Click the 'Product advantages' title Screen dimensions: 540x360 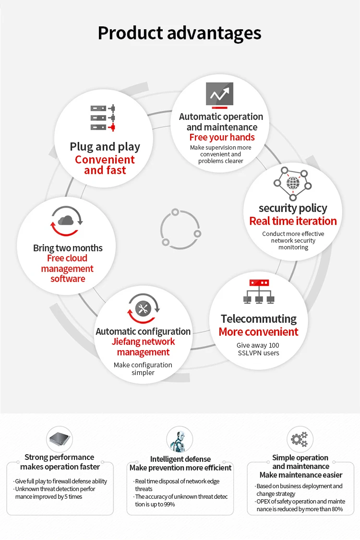(x=180, y=33)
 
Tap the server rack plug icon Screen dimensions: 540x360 (x=103, y=117)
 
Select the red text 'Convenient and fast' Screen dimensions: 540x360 (x=105, y=165)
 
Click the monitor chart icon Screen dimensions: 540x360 (x=219, y=94)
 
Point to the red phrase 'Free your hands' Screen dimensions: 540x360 (x=222, y=138)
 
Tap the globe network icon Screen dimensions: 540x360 (x=293, y=183)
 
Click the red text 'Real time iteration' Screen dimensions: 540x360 (x=293, y=221)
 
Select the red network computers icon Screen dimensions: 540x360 (x=259, y=291)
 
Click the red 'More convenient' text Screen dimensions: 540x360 (x=258, y=332)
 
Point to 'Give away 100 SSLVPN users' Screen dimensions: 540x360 (x=258, y=349)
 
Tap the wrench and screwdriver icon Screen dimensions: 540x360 (x=143, y=308)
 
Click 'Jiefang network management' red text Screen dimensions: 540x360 (x=143, y=347)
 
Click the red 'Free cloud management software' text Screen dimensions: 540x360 (x=67, y=269)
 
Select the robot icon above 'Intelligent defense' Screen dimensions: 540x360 (x=180, y=439)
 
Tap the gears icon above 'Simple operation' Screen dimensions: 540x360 (x=300, y=439)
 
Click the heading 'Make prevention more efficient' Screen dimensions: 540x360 (x=180, y=468)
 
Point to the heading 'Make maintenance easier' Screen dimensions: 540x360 (x=301, y=475)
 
